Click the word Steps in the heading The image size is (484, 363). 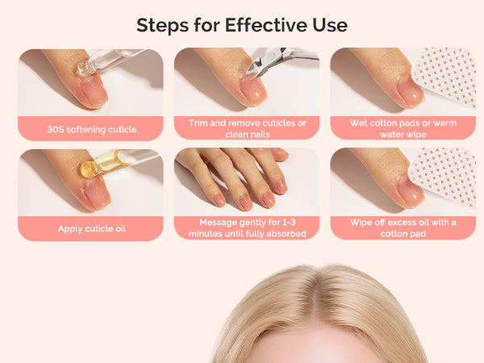(x=162, y=26)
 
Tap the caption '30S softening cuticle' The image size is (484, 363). (x=92, y=129)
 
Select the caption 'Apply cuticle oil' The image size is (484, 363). (x=92, y=229)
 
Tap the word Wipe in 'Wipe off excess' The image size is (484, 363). (x=360, y=223)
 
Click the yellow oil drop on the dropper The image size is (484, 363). (x=87, y=169)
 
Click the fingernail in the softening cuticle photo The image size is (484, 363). (x=94, y=92)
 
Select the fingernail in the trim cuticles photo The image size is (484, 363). (x=253, y=90)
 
